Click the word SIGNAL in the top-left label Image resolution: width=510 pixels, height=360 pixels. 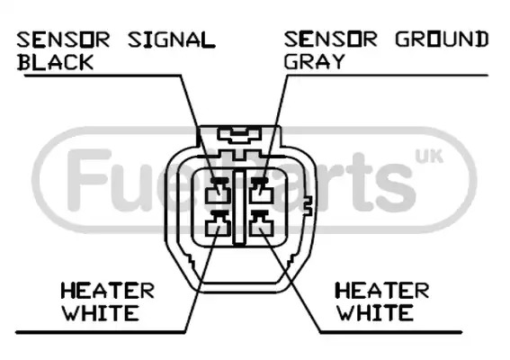pos(172,40)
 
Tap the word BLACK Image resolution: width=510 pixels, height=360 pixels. pos(55,62)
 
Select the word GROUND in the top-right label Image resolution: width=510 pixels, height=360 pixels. pos(442,40)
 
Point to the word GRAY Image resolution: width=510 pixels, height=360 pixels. pos(314,61)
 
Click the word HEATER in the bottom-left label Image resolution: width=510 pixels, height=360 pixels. pos(108,291)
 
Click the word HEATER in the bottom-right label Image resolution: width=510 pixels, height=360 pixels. pos(382,291)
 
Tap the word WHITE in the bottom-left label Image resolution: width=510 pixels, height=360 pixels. pos(101,313)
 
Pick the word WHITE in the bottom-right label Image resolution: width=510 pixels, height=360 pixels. pos(375,312)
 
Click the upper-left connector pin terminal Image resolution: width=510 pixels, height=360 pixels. pos(218,192)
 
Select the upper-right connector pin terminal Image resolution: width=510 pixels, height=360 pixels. pos(261,192)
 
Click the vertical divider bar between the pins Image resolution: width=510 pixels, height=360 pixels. pos(240,208)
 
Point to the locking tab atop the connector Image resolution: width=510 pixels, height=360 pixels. pos(240,135)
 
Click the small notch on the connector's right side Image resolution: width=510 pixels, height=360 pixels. pos(308,206)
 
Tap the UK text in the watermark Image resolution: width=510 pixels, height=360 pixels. pos(429,157)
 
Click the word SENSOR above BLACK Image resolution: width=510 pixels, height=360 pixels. pos(63,40)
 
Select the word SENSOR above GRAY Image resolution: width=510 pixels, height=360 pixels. pos(330,40)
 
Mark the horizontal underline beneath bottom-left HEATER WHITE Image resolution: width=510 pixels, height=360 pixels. pos(101,332)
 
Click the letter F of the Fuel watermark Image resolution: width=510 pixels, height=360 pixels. pos(87,180)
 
